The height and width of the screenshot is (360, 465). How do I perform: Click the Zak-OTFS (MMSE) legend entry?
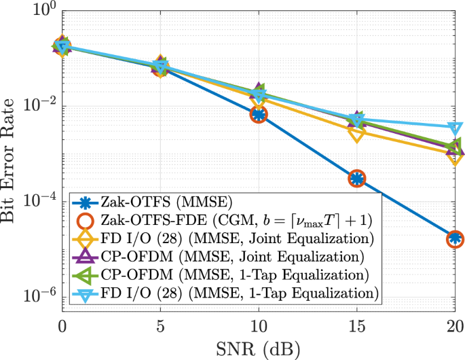(166, 202)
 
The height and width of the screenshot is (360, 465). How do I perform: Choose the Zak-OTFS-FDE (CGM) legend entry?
(224, 220)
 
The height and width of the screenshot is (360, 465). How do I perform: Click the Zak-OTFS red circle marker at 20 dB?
(455, 238)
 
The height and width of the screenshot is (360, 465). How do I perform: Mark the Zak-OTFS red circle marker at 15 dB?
(357, 179)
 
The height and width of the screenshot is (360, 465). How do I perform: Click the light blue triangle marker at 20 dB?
(455, 128)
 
